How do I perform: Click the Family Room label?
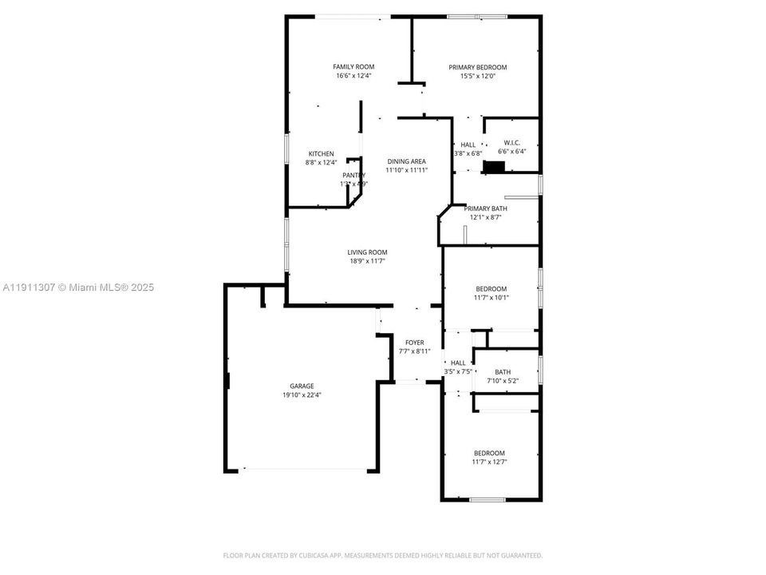pos(353,66)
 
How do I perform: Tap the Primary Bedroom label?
pos(477,67)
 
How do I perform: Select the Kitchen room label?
pos(322,153)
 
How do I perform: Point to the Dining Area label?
pos(406,161)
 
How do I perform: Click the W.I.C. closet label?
pos(511,142)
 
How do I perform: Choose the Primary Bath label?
pos(486,208)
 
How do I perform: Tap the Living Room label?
pos(367,252)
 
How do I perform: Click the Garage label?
pos(302,385)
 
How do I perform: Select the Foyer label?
pos(414,343)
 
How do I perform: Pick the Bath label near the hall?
pos(503,371)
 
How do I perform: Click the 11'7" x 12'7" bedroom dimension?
pos(489,462)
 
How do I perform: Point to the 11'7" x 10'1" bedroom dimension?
pos(491,298)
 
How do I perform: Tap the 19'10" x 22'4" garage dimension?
pos(302,395)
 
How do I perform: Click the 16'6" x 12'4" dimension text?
pos(353,76)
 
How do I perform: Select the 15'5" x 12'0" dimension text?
pos(477,77)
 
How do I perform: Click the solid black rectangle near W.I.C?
pos(495,167)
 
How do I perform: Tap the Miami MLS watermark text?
pos(78,287)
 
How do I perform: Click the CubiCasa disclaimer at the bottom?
pos(382,555)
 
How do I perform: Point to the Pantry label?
pos(353,175)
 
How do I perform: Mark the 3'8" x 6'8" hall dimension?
pos(468,153)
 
